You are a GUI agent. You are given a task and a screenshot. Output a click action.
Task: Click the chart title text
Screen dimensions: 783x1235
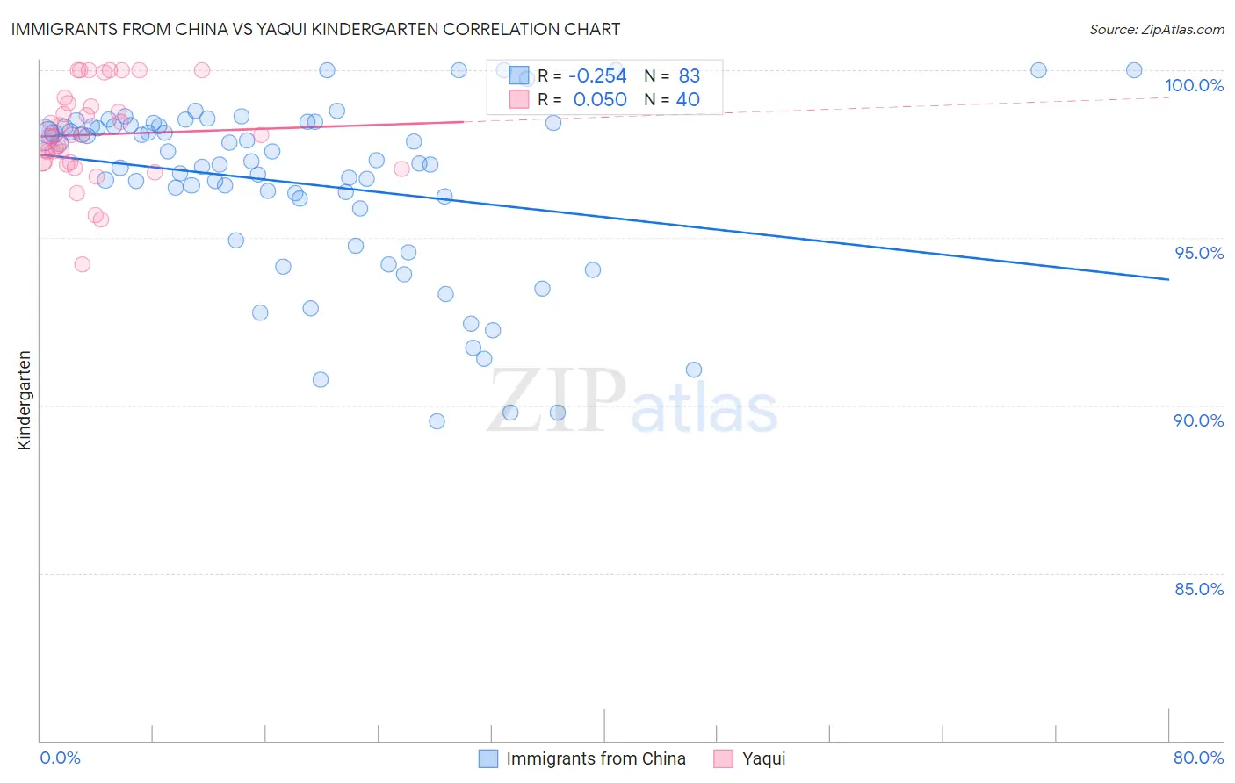click(315, 29)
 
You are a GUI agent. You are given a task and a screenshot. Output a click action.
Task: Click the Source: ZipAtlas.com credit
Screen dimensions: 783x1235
click(1156, 29)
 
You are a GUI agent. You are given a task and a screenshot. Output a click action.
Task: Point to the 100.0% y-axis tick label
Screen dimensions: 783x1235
click(1194, 85)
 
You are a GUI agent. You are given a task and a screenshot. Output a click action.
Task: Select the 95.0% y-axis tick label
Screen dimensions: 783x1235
click(1199, 253)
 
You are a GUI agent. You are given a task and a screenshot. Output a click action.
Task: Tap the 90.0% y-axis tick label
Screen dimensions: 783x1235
click(1198, 420)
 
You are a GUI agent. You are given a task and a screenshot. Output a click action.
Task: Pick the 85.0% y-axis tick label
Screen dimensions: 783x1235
click(1199, 589)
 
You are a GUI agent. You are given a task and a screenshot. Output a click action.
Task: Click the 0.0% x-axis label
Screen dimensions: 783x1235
click(60, 758)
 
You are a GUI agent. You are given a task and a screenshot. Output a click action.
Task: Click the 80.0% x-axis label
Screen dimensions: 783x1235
click(1198, 758)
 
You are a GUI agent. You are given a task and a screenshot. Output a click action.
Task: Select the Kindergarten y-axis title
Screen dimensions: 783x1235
click(24, 400)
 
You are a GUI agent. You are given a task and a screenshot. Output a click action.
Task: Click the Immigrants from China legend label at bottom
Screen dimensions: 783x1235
click(596, 758)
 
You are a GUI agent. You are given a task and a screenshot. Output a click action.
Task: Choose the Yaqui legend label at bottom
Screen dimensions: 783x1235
click(763, 758)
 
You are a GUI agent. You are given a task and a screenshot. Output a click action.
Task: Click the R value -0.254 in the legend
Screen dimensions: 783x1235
click(597, 76)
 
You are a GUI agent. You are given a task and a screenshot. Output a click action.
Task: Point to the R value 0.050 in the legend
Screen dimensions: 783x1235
click(600, 100)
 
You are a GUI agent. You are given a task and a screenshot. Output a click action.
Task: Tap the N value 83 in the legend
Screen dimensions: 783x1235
click(689, 76)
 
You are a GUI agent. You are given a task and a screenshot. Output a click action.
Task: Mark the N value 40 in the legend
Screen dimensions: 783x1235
click(688, 100)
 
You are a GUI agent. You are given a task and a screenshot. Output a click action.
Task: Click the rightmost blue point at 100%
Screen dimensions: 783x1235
click(1134, 70)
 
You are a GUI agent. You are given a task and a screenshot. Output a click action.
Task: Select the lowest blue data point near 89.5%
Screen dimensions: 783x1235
click(437, 421)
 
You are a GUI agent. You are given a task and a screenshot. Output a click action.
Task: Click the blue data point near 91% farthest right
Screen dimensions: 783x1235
click(694, 370)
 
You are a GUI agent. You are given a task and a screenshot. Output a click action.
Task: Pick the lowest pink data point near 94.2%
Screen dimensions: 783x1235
click(82, 264)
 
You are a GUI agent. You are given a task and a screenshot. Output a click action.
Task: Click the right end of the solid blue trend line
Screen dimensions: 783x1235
click(1168, 279)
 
